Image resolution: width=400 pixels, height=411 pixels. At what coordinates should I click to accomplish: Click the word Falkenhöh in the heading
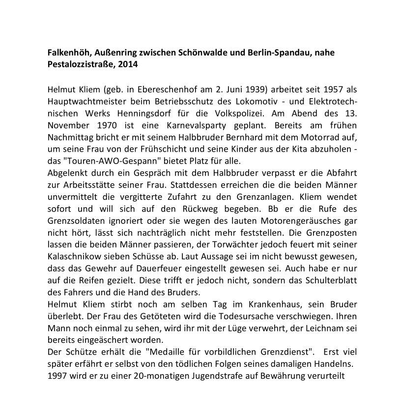(71, 52)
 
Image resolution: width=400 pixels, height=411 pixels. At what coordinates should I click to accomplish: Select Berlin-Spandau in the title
(277, 52)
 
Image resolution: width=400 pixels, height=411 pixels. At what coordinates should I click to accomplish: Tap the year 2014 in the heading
(125, 64)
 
